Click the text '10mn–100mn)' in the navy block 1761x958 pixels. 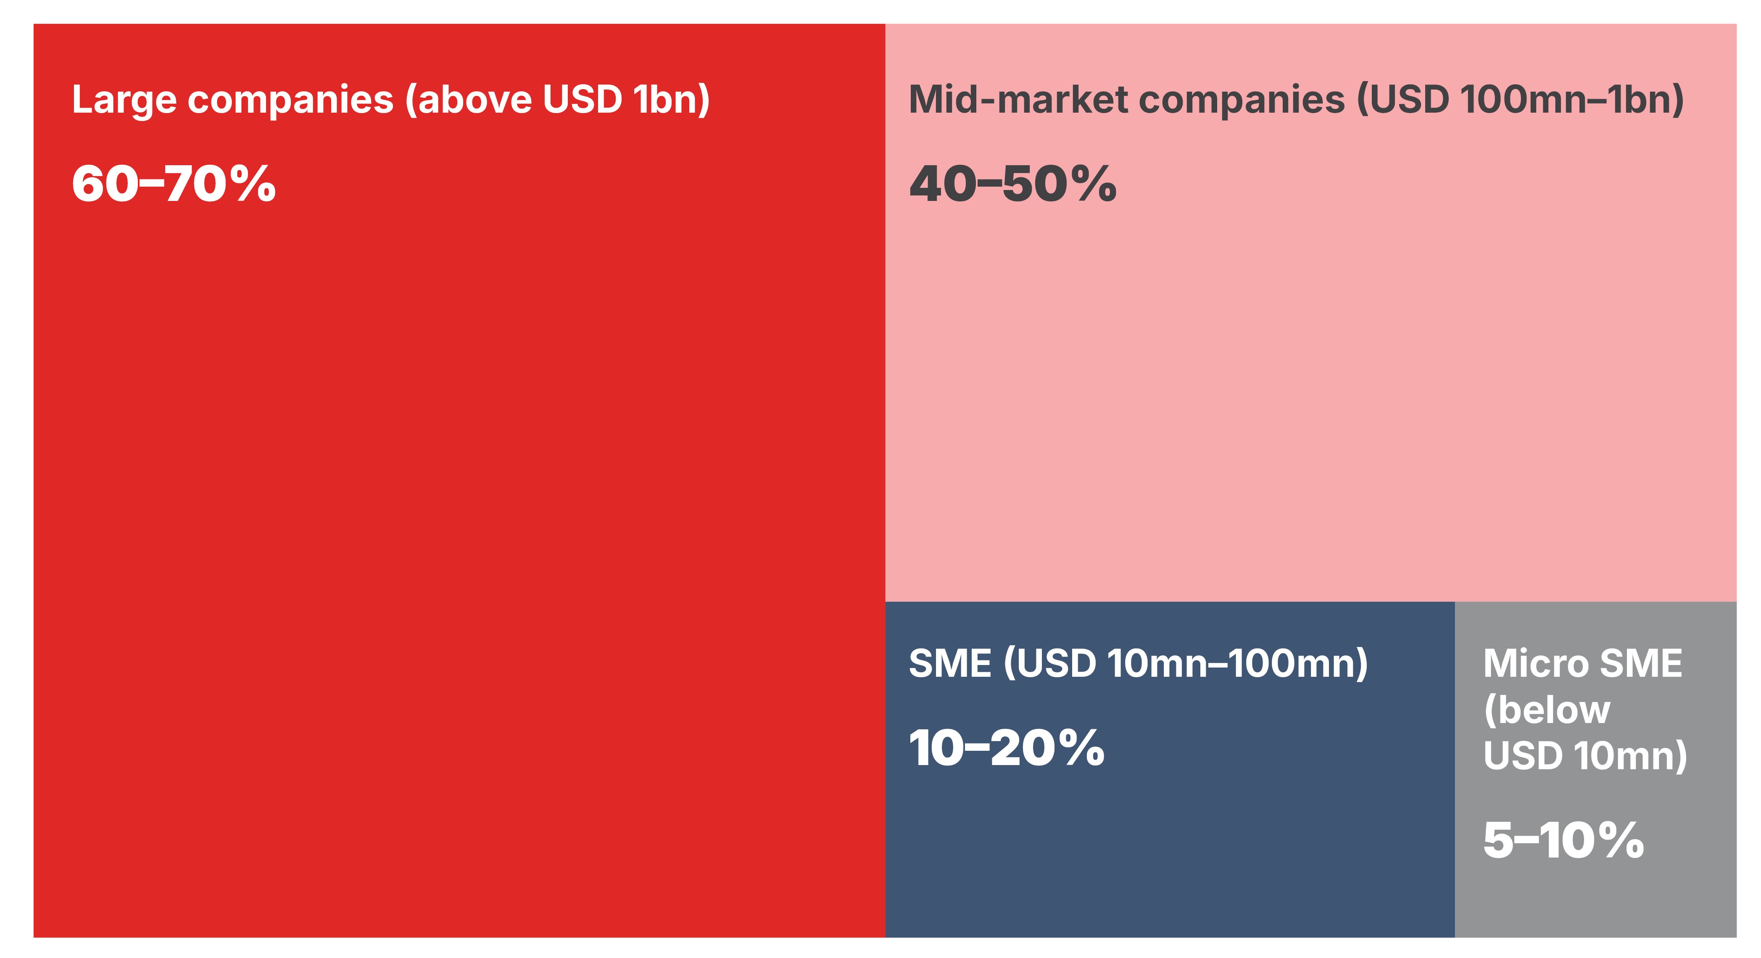coord(1237,664)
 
